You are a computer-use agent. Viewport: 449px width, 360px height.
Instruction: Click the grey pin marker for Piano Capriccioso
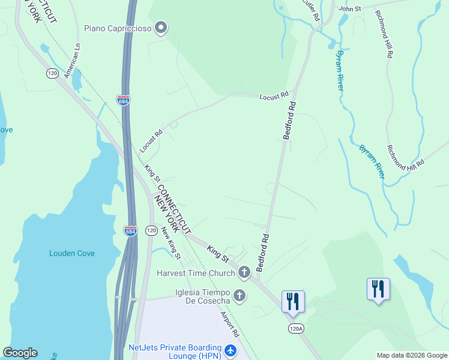tap(161, 28)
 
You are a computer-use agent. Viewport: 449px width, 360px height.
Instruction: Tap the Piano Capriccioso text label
tap(118, 28)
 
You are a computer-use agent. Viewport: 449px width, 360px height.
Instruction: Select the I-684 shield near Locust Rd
tap(123, 101)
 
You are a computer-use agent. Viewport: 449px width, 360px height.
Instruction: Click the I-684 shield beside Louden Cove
tap(130, 230)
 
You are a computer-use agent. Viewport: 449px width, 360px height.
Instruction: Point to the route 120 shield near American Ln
tap(52, 73)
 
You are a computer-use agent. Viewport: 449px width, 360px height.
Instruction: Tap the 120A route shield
tap(296, 328)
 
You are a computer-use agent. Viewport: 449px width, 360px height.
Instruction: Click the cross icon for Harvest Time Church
tap(244, 273)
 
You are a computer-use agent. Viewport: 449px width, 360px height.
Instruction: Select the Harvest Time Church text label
tap(196, 273)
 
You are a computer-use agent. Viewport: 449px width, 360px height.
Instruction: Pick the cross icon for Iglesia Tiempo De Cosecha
tap(240, 295)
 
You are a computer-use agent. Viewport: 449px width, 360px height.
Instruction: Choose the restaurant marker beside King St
tap(293, 300)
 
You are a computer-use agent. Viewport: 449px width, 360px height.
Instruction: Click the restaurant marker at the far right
tap(378, 289)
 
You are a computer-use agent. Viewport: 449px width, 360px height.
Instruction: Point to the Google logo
tap(20, 353)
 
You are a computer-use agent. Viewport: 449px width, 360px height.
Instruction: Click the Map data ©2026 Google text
tap(411, 355)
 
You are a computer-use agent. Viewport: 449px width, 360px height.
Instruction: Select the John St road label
tap(349, 9)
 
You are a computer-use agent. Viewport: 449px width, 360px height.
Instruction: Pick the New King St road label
tap(171, 247)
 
